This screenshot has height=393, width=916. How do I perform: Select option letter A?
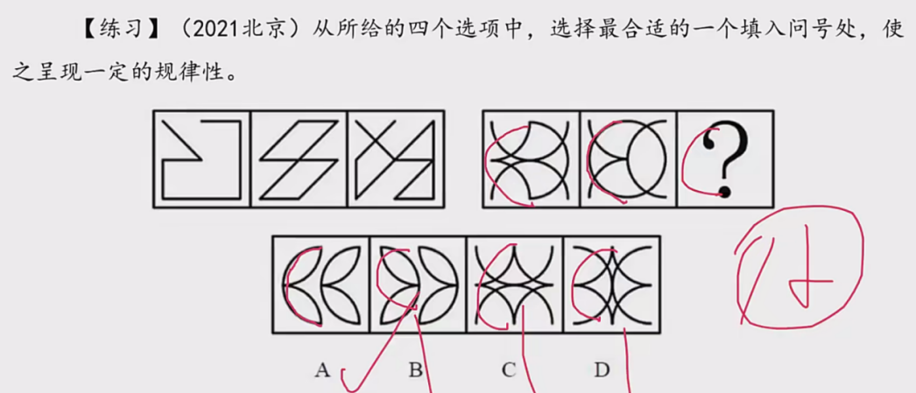pyautogui.click(x=322, y=369)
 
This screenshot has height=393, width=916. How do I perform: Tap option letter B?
pyautogui.click(x=415, y=369)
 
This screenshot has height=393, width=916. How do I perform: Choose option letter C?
pyautogui.click(x=509, y=369)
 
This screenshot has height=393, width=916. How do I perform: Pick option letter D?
pyautogui.click(x=602, y=369)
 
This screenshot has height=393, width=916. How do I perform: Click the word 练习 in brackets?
pyautogui.click(x=121, y=30)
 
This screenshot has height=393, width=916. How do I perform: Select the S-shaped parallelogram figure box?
pyautogui.click(x=299, y=159)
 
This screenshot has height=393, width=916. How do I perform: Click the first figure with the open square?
pyautogui.click(x=202, y=159)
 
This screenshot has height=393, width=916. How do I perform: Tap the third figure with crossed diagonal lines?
pyautogui.click(x=396, y=159)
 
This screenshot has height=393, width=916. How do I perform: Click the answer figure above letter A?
pyautogui.click(x=321, y=285)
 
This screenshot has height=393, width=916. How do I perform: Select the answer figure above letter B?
pyautogui.click(x=418, y=285)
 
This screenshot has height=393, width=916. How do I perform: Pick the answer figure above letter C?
pyautogui.click(x=515, y=285)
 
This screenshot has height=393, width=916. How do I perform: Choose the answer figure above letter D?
pyautogui.click(x=611, y=285)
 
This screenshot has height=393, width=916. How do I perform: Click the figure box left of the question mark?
pyautogui.click(x=629, y=159)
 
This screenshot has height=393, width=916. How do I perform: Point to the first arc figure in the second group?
pyautogui.click(x=531, y=159)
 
